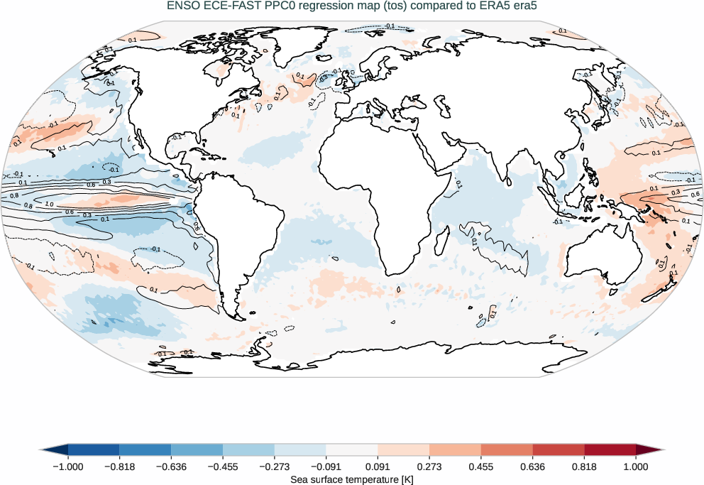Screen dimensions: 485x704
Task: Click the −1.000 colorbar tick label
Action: pyautogui.click(x=68, y=467)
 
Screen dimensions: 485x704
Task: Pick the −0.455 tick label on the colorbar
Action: pyautogui.click(x=223, y=467)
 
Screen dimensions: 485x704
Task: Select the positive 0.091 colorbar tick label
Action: pyautogui.click(x=378, y=467)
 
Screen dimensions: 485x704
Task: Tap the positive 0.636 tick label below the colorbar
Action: pyautogui.click(x=532, y=467)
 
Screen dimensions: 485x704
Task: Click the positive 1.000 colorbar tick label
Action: pyautogui.click(x=636, y=467)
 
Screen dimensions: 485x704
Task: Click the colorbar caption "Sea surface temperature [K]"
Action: pyautogui.click(x=352, y=480)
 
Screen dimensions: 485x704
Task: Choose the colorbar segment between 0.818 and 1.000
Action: pyautogui.click(x=610, y=450)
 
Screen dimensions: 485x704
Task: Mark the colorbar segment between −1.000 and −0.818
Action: pyautogui.click(x=94, y=450)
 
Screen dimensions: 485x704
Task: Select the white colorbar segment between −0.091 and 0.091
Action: pyautogui.click(x=352, y=450)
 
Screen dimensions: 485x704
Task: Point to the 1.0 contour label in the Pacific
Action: pyautogui.click(x=48, y=204)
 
